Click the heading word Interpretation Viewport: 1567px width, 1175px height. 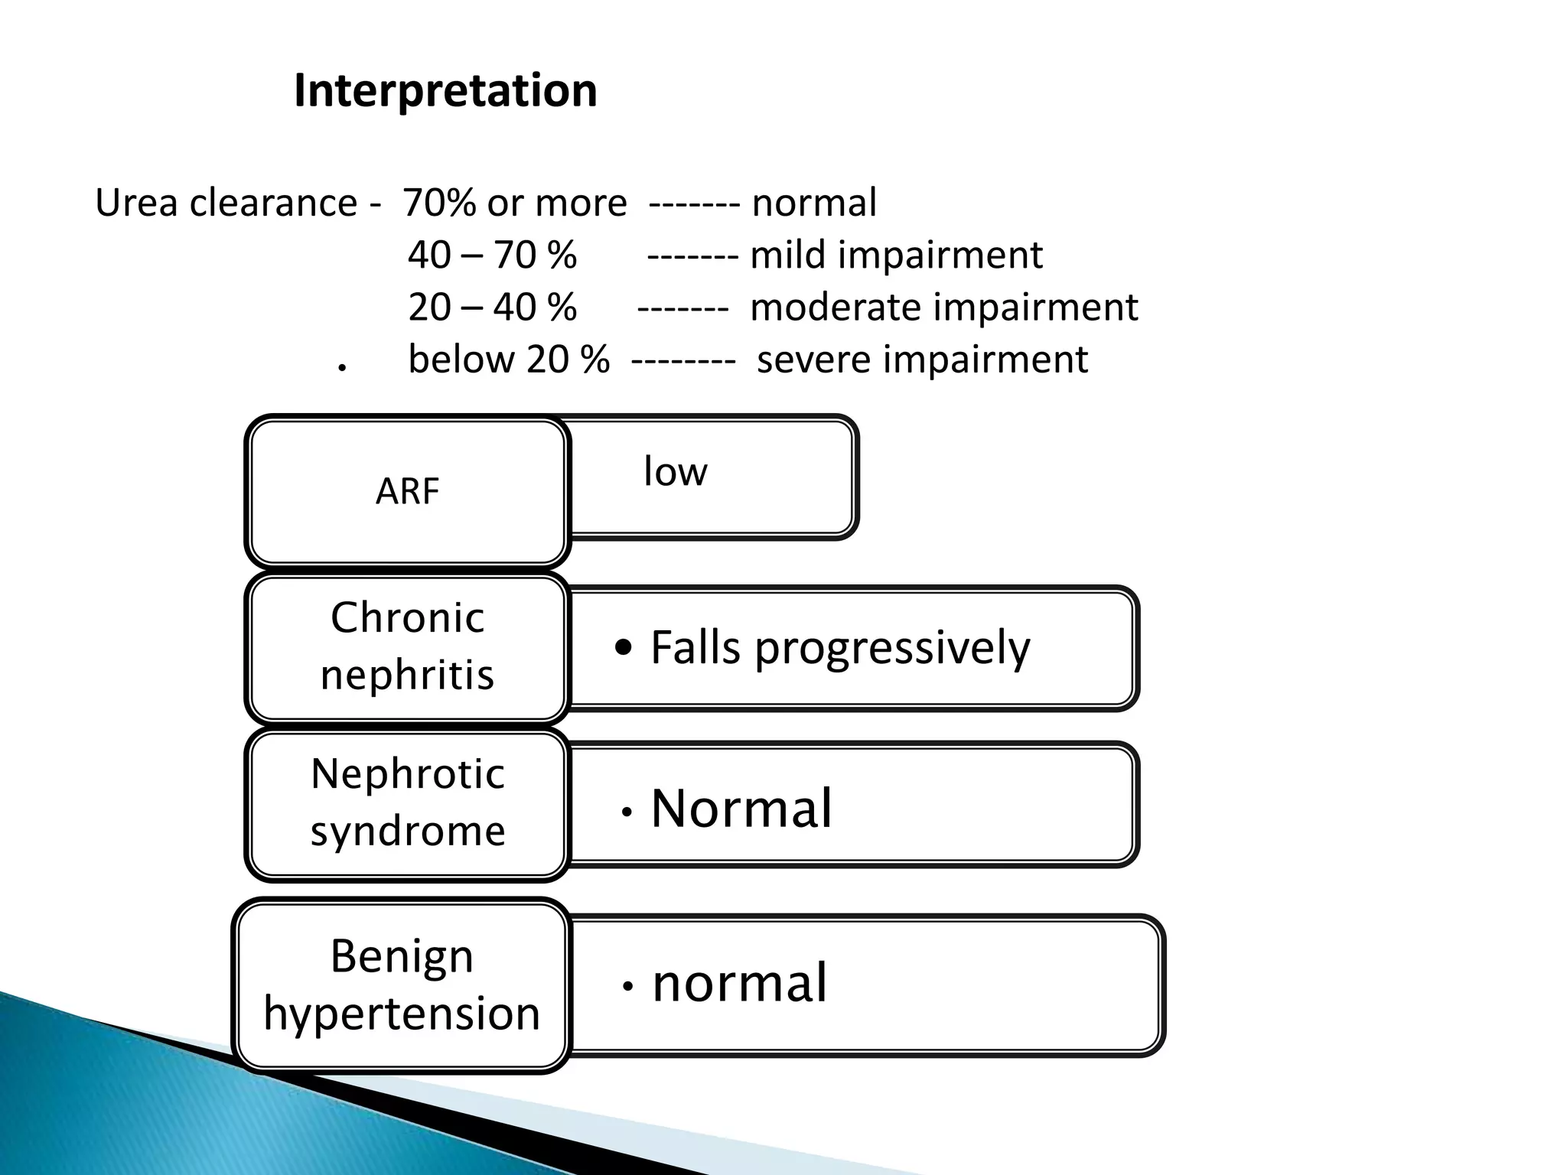click(x=445, y=91)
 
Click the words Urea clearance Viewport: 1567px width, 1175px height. click(x=226, y=203)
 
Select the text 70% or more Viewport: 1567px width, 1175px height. click(x=515, y=203)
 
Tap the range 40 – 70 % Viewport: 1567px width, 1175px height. click(x=492, y=256)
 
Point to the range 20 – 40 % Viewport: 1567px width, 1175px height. click(x=492, y=308)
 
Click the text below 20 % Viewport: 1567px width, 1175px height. click(x=509, y=360)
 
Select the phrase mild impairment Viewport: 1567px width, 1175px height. click(x=896, y=256)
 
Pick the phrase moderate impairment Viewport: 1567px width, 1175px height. click(x=944, y=308)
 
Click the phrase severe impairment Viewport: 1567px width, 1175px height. click(x=922, y=360)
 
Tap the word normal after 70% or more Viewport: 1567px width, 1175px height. click(x=814, y=203)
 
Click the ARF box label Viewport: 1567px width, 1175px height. click(x=407, y=491)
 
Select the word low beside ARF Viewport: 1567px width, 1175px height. click(x=675, y=471)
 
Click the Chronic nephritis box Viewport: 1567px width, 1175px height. click(x=407, y=646)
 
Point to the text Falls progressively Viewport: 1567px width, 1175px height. click(x=840, y=649)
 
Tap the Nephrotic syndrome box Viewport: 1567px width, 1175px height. click(x=407, y=802)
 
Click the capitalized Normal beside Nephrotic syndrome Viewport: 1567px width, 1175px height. click(x=741, y=809)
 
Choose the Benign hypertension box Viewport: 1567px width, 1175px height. click(x=402, y=985)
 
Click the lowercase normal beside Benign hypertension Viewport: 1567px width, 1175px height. click(x=739, y=983)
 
